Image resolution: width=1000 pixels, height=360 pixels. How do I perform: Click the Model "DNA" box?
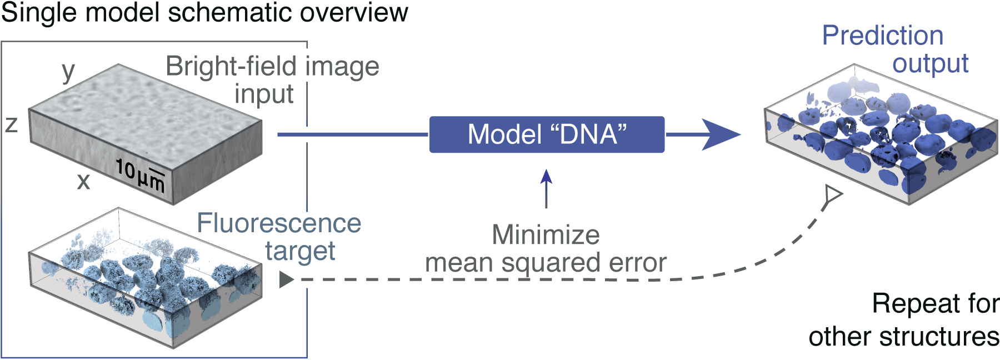click(x=547, y=134)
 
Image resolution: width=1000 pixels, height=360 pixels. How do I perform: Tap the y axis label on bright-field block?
click(x=68, y=71)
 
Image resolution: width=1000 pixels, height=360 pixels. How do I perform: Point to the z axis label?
click(x=12, y=124)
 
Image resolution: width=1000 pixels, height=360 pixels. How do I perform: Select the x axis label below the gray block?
click(x=83, y=182)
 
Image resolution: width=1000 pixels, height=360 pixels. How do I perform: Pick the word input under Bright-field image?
click(x=263, y=94)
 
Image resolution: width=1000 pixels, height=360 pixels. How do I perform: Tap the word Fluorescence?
click(x=279, y=223)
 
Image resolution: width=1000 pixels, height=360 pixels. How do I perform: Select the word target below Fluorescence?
click(x=300, y=252)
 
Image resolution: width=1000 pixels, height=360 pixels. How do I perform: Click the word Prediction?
click(x=882, y=36)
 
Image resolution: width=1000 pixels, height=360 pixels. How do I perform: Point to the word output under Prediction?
click(x=931, y=64)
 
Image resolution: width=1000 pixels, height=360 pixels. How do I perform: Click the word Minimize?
click(x=546, y=235)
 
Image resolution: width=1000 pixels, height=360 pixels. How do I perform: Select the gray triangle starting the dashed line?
click(x=286, y=279)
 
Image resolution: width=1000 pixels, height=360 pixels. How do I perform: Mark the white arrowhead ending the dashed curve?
click(x=833, y=194)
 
